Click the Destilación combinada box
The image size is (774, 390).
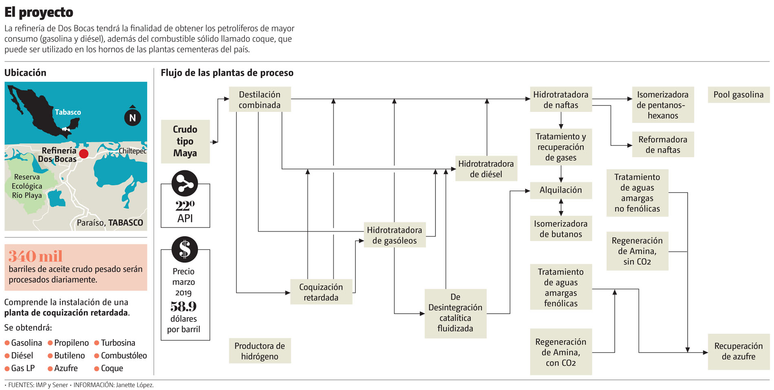coord(259,100)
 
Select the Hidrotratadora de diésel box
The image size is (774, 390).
coord(486,169)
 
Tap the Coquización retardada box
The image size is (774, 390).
coord(321,292)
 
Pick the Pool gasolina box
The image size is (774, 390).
coord(738,95)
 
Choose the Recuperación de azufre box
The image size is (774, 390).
coord(738,351)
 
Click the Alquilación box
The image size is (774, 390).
coord(561,190)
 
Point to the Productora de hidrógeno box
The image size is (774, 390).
coord(259,351)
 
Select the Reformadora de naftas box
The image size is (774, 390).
coord(662,145)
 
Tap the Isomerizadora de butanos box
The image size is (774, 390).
coord(561,229)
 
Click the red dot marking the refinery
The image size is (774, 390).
coord(84,153)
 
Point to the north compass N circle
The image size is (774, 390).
coord(132,118)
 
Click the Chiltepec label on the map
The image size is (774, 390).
coord(132,151)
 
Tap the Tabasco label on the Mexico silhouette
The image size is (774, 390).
coord(68,112)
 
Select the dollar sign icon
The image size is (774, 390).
coord(185,249)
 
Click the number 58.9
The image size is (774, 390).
coord(183,306)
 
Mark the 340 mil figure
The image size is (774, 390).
coord(35,256)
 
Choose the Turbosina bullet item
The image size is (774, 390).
coord(118,343)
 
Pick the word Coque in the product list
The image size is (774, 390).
coord(112,368)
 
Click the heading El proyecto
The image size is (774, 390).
coord(39,12)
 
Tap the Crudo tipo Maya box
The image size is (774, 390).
coord(185,141)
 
